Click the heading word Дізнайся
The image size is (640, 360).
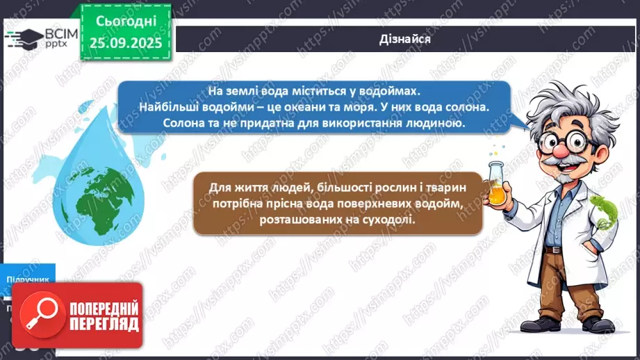click(x=406, y=39)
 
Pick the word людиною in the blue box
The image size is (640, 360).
click(x=434, y=123)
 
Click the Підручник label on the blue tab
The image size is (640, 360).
click(x=28, y=279)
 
